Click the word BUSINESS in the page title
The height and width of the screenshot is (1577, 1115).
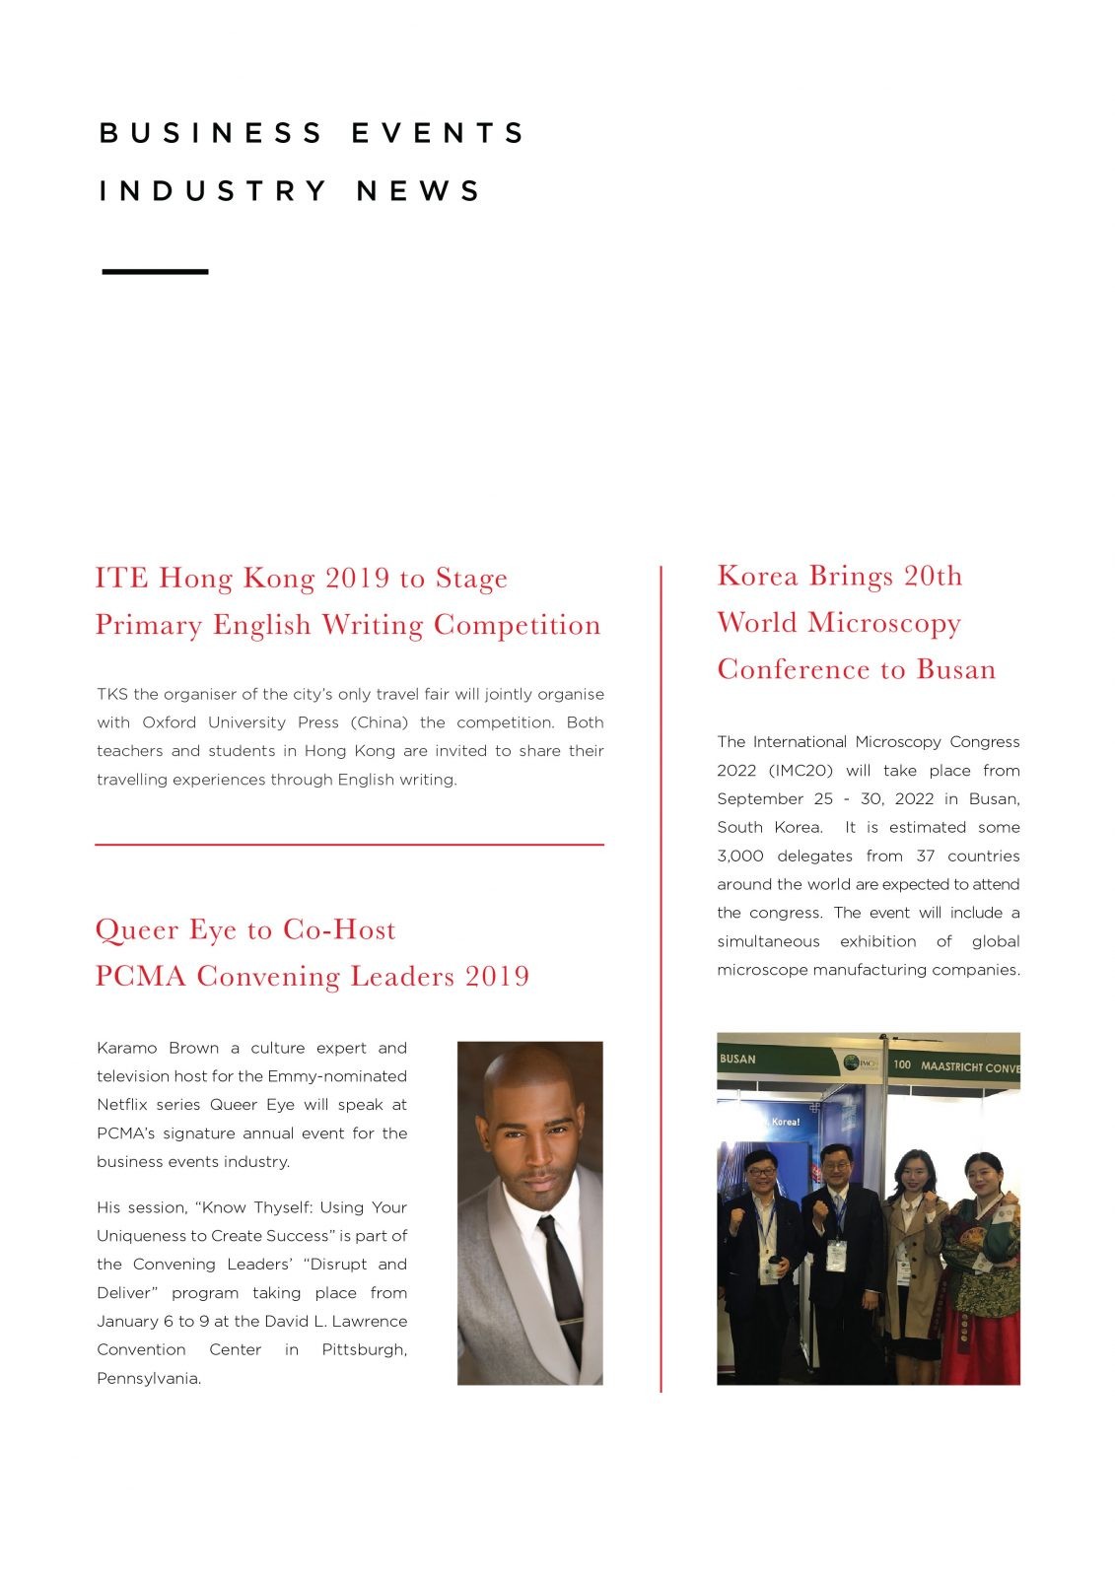click(211, 133)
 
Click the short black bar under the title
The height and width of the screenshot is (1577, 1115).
click(155, 271)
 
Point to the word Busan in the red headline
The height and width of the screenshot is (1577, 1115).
click(955, 669)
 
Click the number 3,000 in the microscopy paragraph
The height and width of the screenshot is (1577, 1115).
click(739, 856)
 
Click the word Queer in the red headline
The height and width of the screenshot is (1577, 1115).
click(133, 929)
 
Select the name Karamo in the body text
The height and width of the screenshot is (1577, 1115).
click(126, 1048)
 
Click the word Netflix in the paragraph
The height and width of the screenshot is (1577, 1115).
click(122, 1104)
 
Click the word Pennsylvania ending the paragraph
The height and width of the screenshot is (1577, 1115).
click(148, 1378)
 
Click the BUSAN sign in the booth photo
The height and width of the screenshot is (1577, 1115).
click(737, 1059)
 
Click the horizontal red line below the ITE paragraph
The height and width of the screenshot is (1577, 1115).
click(349, 845)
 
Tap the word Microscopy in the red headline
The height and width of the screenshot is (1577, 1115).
click(883, 623)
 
